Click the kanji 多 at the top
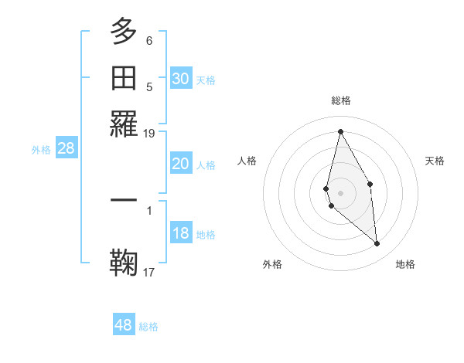[x=124, y=32]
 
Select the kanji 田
[x=124, y=77]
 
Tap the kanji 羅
[x=124, y=122]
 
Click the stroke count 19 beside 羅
[x=149, y=133]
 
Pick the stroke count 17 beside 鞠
[x=149, y=271]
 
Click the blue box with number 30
[x=180, y=78]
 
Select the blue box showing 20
[x=180, y=164]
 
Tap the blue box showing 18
[x=180, y=233]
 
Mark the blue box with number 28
[x=66, y=148]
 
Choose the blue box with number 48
[x=124, y=325]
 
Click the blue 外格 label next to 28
[x=41, y=150]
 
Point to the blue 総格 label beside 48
[x=148, y=327]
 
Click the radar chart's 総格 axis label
[x=341, y=100]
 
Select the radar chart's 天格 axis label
[x=435, y=161]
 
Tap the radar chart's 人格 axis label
[x=247, y=161]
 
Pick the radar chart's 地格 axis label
[x=405, y=264]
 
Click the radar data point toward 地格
[x=377, y=244]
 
